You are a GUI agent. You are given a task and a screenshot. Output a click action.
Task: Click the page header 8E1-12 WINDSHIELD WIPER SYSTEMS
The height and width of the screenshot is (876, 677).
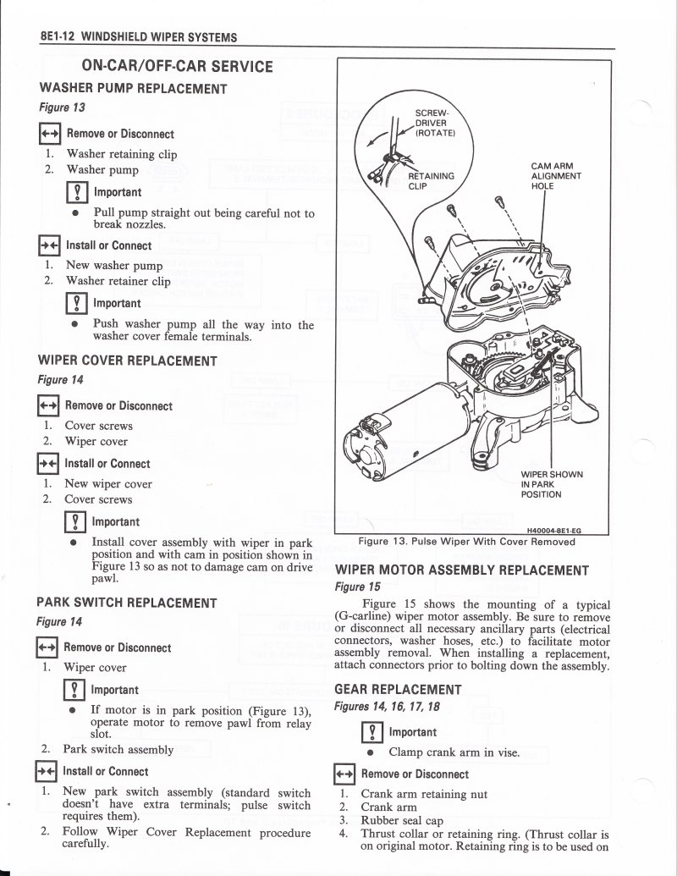[x=138, y=37]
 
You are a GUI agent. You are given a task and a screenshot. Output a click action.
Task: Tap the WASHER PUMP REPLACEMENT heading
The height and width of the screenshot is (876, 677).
[x=133, y=88]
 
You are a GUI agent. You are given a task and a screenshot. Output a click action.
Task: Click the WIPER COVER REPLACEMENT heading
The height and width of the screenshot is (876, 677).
[x=128, y=361]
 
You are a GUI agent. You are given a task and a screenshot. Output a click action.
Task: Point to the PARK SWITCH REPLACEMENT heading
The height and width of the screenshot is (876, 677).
[x=127, y=603]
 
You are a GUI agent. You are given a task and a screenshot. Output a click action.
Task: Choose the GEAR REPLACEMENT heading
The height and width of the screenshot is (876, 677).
[x=398, y=690]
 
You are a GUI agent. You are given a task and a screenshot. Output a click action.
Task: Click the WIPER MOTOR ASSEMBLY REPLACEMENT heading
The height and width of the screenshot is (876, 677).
[x=462, y=570]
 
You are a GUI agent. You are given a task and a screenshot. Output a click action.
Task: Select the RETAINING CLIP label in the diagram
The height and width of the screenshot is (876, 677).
[x=431, y=181]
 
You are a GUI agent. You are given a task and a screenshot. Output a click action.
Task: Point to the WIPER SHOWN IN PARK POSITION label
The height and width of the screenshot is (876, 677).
[x=551, y=484]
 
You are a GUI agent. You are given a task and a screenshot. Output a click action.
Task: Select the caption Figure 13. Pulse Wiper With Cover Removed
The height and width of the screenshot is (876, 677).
[x=466, y=542]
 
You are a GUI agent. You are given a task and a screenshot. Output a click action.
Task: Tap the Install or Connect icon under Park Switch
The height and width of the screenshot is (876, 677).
[x=46, y=772]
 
